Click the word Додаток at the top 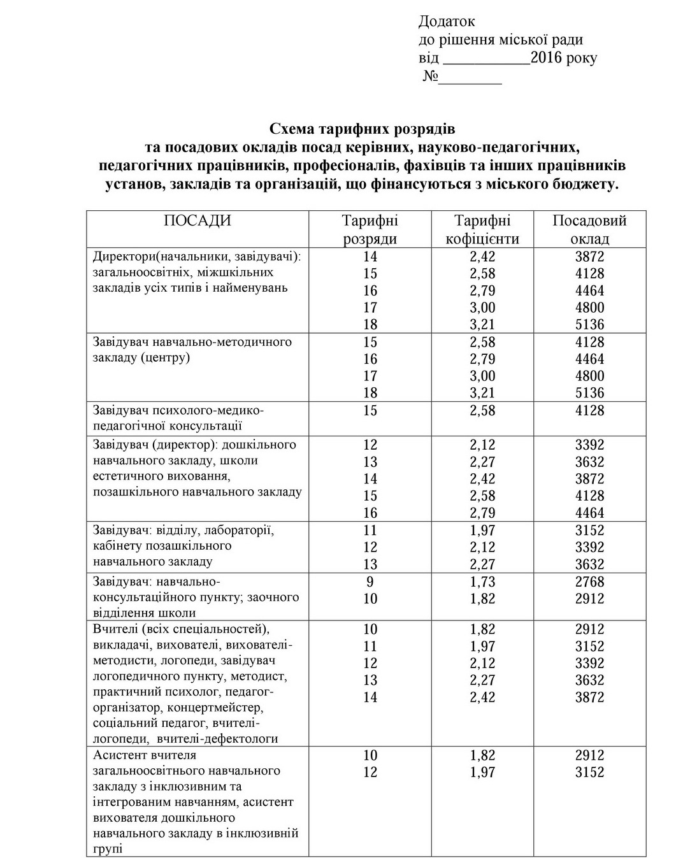pos(447,22)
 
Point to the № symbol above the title pos(431,77)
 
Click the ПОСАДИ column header pos(198,221)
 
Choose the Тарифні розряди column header pos(370,230)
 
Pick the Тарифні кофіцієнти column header pos(482,230)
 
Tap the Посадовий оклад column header pos(589,230)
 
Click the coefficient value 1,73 pos(482,582)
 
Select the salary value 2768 pos(589,582)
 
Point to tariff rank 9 pos(370,582)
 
